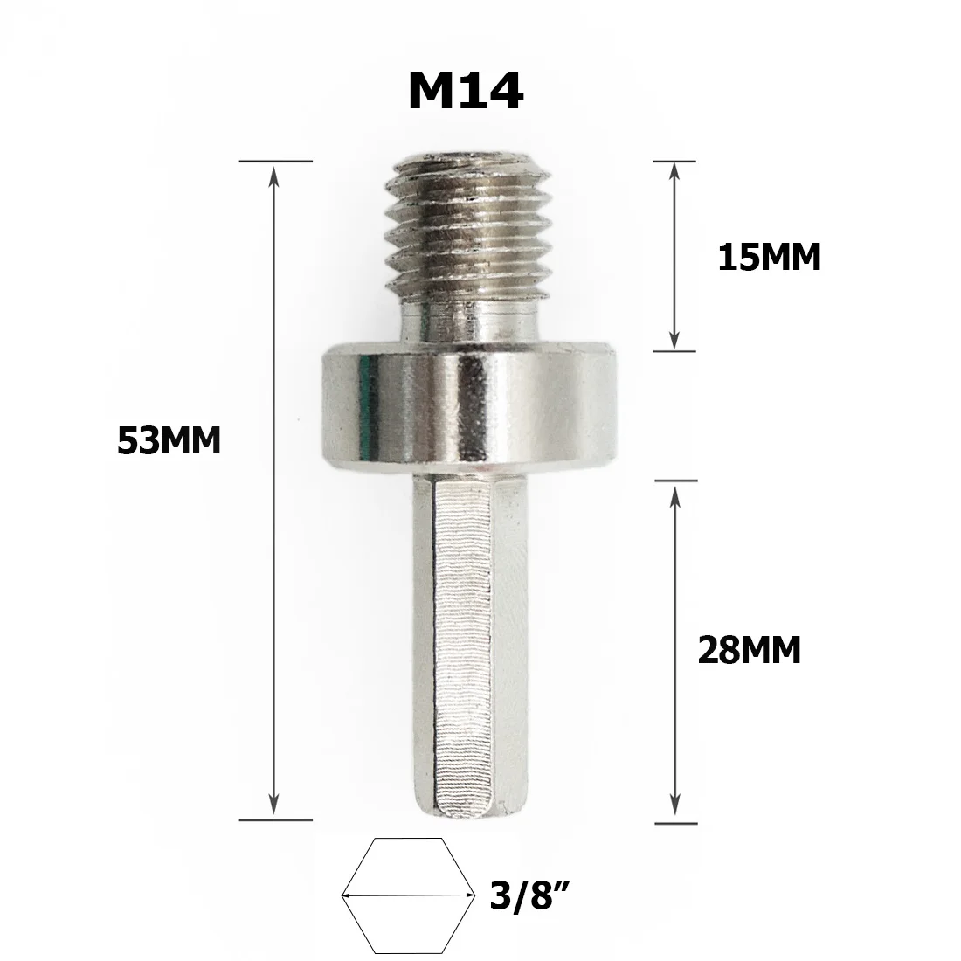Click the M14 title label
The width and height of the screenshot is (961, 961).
[x=466, y=92]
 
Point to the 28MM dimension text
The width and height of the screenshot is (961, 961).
[x=750, y=650]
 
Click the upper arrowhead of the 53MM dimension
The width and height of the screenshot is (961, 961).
[x=275, y=175]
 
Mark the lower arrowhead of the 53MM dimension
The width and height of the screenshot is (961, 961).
[x=275, y=808]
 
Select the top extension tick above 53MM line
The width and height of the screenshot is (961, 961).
[x=275, y=162]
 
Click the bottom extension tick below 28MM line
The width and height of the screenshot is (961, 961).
[x=676, y=822]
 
